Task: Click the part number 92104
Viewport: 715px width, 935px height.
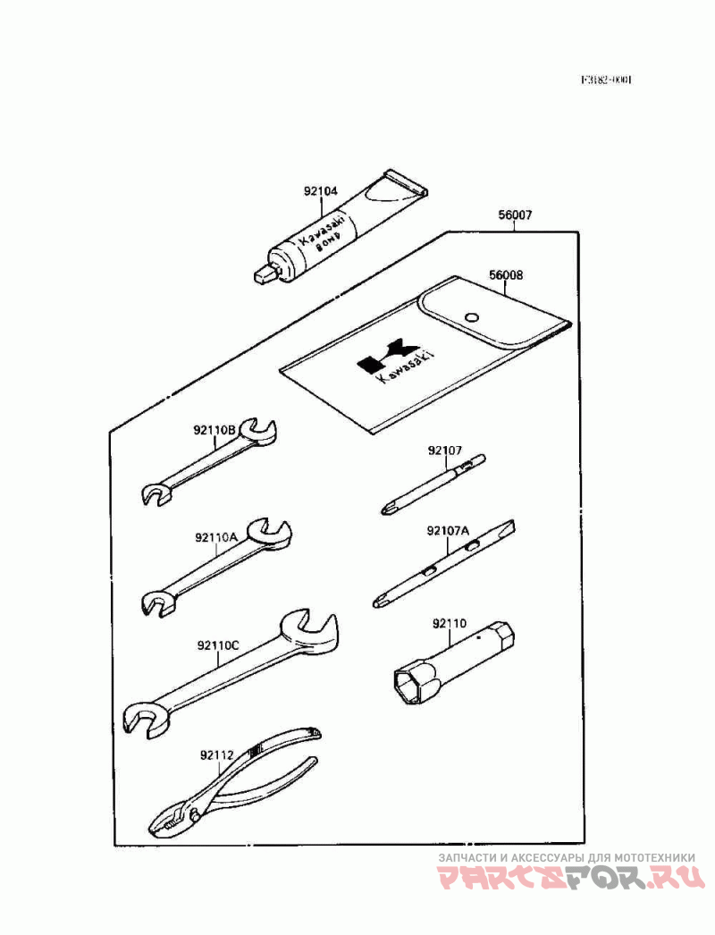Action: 321,191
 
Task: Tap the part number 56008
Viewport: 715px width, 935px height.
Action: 506,275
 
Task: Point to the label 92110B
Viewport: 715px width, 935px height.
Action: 214,429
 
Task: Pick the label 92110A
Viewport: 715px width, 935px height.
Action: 215,537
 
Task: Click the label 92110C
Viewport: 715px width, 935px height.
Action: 218,644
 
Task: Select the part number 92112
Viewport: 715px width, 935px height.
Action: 216,754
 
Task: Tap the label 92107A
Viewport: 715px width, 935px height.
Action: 448,530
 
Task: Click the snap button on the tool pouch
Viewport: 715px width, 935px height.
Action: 471,315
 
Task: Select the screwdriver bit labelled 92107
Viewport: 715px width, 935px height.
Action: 433,484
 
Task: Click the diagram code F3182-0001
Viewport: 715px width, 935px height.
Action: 607,80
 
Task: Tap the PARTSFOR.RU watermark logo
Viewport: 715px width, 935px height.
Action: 571,880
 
